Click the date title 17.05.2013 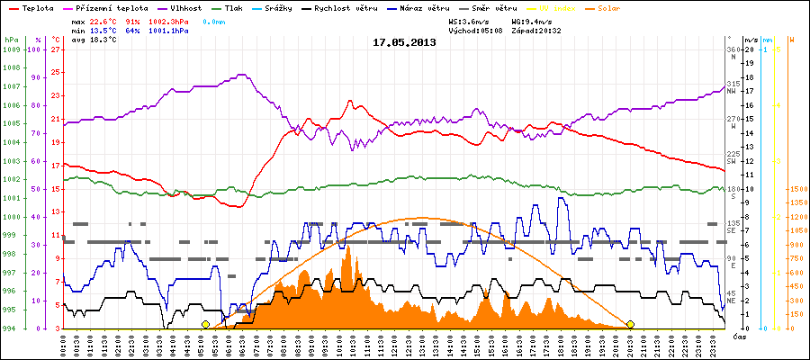tap(404, 42)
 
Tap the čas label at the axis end tap(738, 335)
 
